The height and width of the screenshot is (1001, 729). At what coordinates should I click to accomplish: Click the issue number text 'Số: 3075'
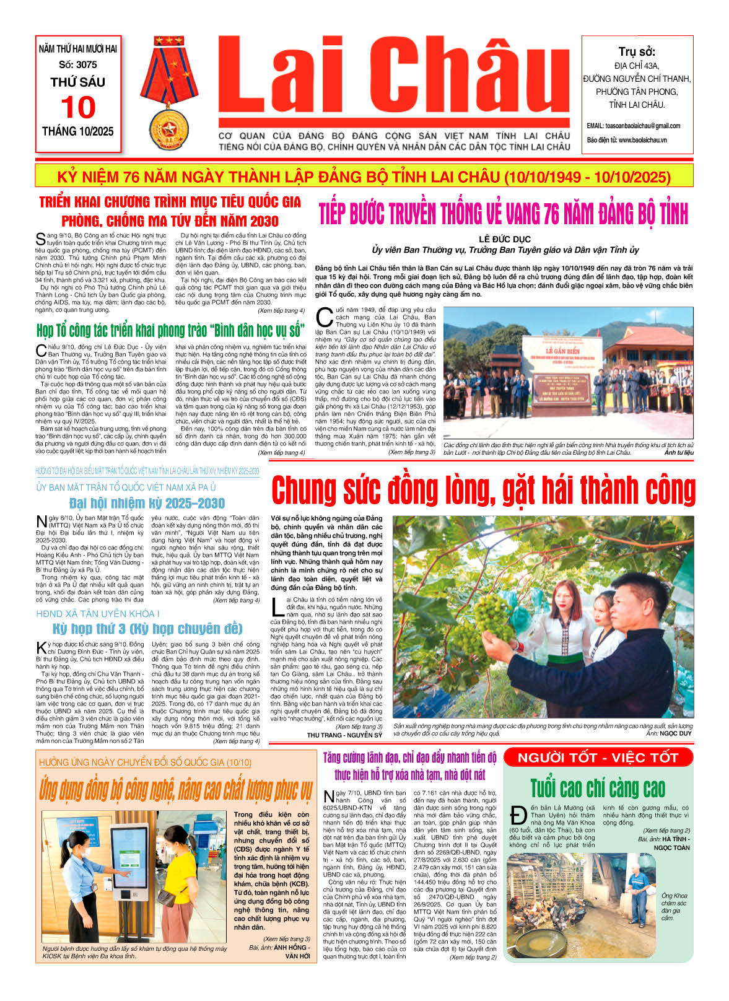pos(78,64)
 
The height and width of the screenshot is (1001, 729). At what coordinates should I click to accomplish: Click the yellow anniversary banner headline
pos(364,177)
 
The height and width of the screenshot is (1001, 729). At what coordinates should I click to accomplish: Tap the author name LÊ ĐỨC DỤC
pos(505,239)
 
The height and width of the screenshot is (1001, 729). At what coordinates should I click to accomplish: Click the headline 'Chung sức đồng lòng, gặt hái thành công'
pos(483,490)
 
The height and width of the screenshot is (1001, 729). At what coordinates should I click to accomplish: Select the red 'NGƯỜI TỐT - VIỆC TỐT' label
pos(598,757)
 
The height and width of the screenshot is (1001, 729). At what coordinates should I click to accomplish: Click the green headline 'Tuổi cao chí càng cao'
pos(598,788)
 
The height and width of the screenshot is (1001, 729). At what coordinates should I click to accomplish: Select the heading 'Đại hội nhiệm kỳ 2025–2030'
pos(147,503)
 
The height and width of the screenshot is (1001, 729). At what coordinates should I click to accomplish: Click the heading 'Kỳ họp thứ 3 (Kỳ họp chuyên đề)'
pos(147,629)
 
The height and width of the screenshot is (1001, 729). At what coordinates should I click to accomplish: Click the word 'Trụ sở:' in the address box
pos(636,51)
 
